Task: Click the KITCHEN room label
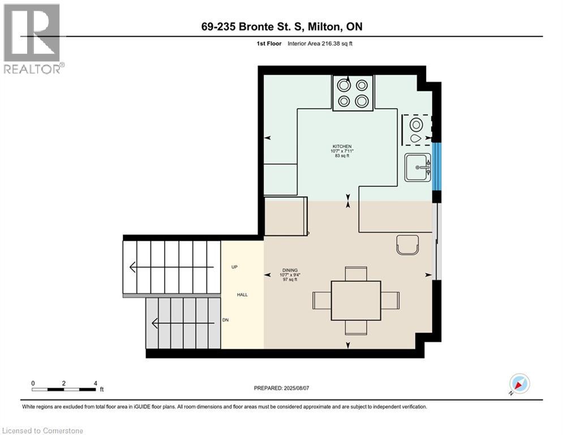tap(342, 147)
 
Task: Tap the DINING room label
tap(290, 270)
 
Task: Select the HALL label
tap(242, 295)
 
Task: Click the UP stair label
tap(234, 267)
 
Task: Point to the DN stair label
tap(226, 320)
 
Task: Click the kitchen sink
tap(418, 168)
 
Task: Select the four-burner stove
tap(353, 93)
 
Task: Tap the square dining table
tap(356, 301)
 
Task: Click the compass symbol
tap(519, 384)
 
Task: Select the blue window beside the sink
tap(436, 167)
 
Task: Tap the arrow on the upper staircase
tap(171, 267)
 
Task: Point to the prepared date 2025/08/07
tap(282, 388)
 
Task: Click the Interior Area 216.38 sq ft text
tap(320, 44)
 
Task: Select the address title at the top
tap(282, 27)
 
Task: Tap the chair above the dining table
tap(356, 274)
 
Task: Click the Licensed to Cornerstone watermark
tap(43, 430)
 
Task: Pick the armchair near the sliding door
tap(407, 245)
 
